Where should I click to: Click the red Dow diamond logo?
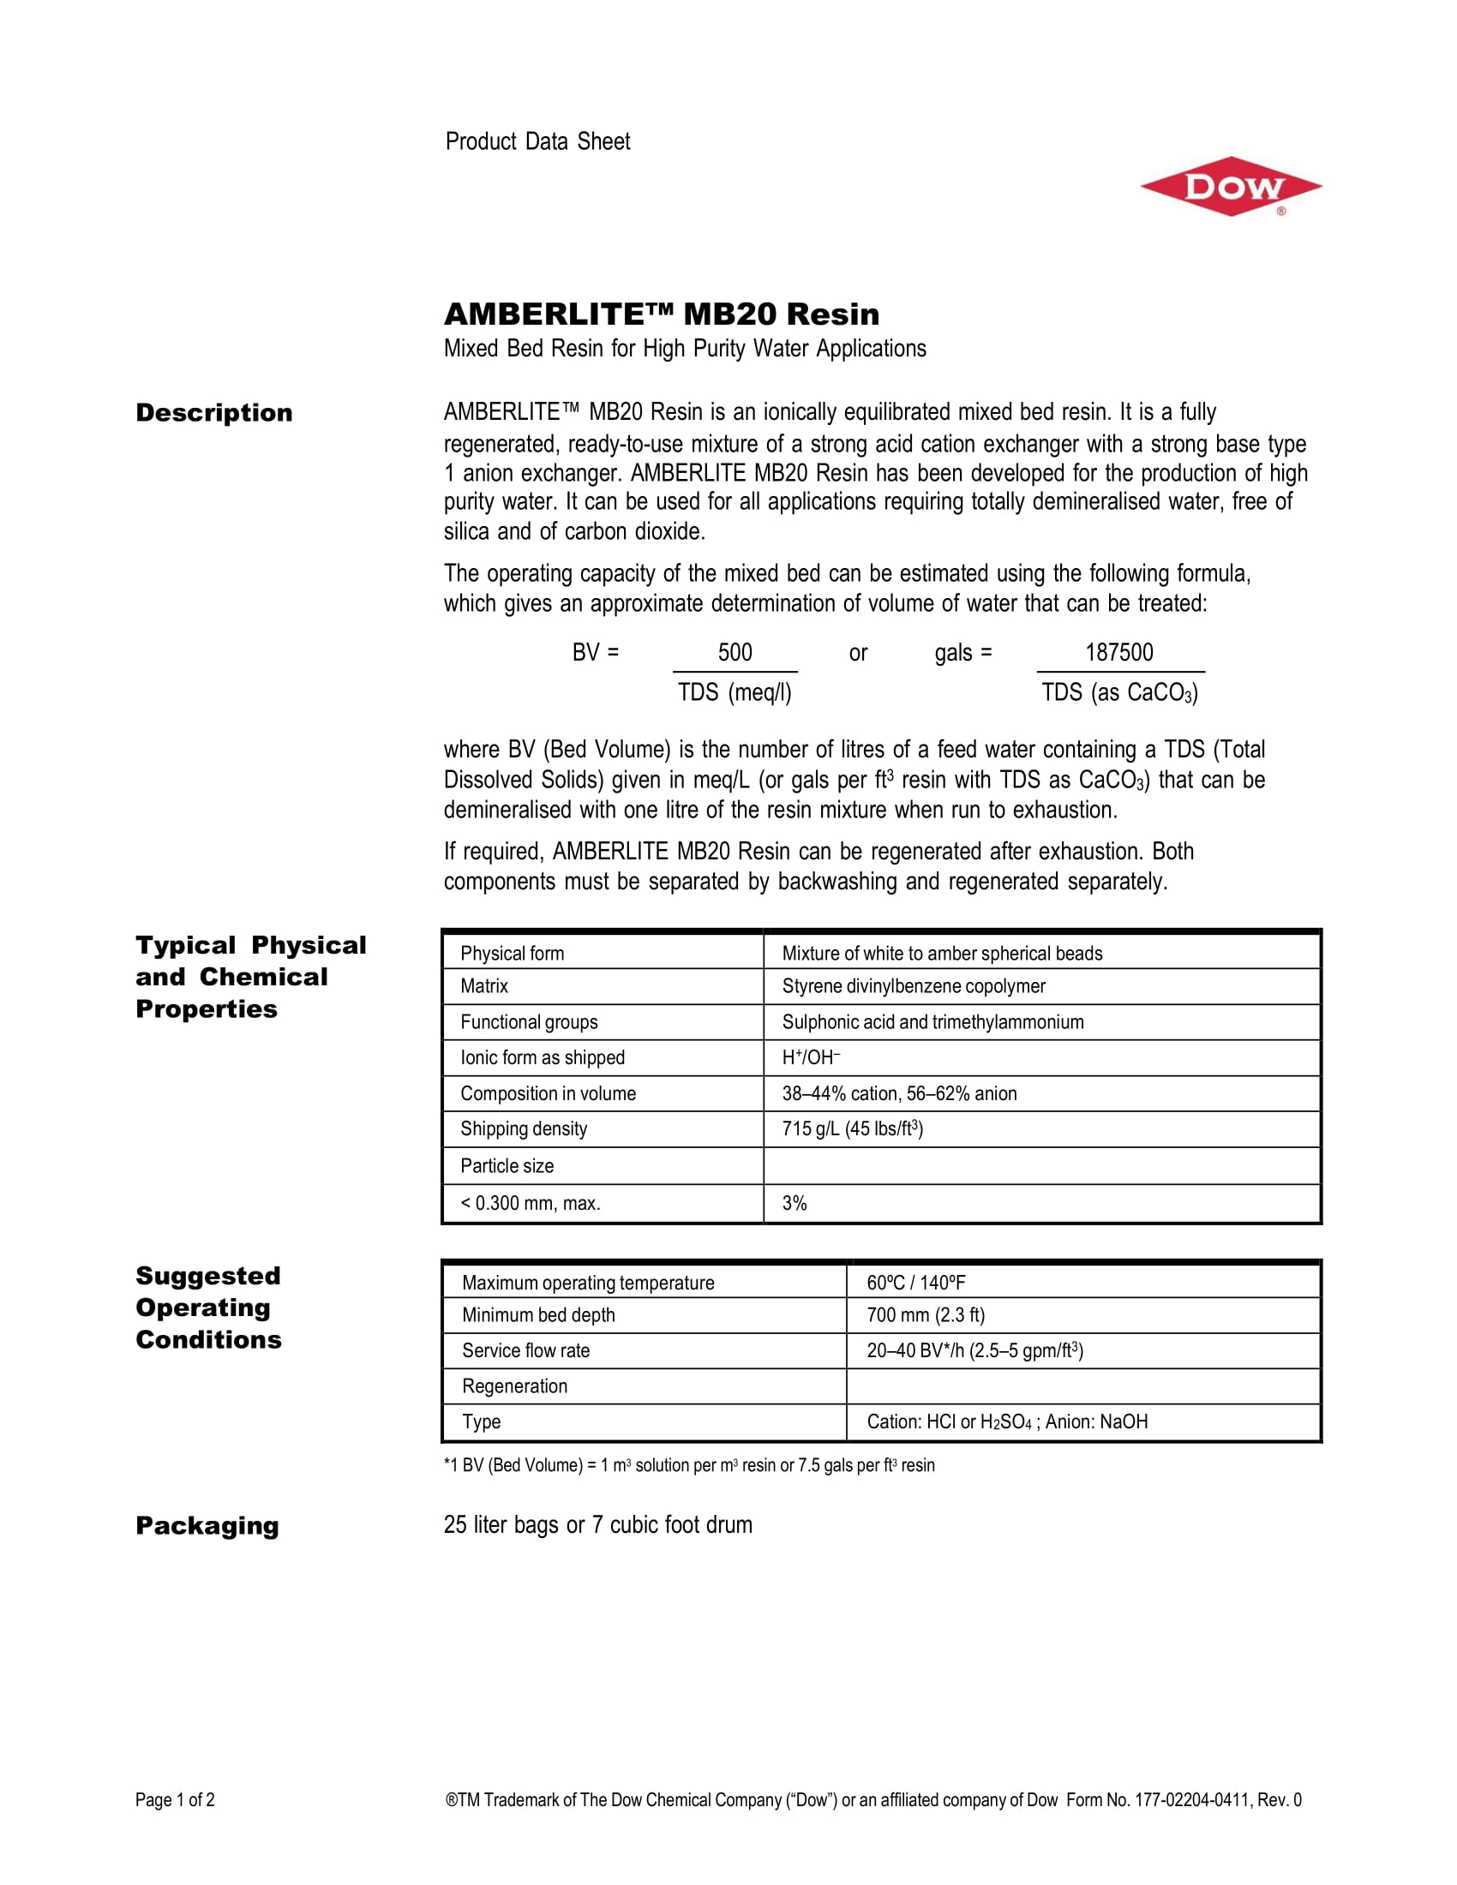coord(1230,187)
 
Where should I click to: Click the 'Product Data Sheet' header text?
coord(537,141)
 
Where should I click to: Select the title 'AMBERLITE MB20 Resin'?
coord(661,314)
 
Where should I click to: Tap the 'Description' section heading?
coord(214,413)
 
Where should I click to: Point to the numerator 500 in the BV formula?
coord(734,653)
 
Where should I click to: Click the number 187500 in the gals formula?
coord(1118,653)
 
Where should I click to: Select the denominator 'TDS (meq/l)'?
coord(734,692)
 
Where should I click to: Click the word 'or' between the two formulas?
coord(857,654)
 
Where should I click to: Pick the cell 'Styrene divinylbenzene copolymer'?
coord(914,985)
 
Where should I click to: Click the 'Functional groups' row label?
coord(528,1022)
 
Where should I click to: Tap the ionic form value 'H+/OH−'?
coord(811,1057)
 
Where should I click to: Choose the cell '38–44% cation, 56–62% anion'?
coord(898,1093)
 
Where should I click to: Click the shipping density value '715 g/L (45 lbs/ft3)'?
coord(852,1129)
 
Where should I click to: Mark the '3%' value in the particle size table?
coord(794,1203)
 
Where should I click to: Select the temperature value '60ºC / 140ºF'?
coord(915,1283)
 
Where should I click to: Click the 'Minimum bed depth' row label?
coord(537,1315)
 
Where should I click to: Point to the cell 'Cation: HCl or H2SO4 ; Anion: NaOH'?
coord(1006,1421)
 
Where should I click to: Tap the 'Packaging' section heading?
coord(207,1526)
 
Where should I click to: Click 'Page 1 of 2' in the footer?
coord(174,1799)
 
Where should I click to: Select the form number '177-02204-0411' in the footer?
coord(1192,1799)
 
